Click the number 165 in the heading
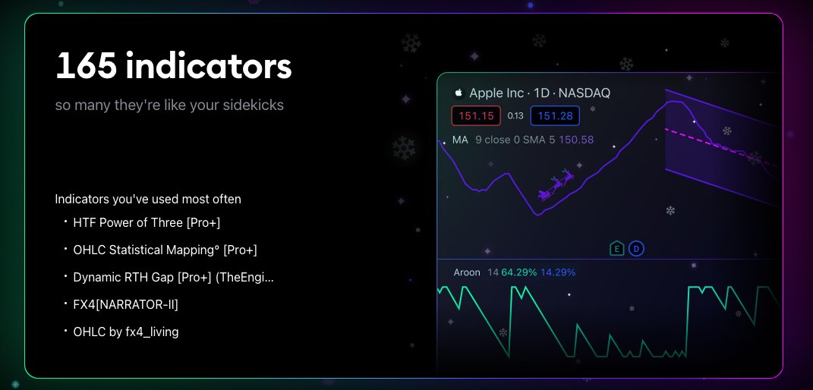(86, 67)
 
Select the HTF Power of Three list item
(147, 222)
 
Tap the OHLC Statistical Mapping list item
(170, 250)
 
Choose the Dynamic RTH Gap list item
(173, 277)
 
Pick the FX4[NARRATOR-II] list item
(125, 304)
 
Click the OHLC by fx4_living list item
(126, 332)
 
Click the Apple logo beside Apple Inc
(458, 93)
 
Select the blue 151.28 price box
(555, 116)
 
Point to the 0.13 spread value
(515, 116)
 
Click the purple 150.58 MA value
(576, 140)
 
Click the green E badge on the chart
(617, 248)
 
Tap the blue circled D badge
(636, 248)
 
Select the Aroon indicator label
(467, 272)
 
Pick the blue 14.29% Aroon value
(558, 272)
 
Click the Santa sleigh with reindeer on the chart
(559, 185)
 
